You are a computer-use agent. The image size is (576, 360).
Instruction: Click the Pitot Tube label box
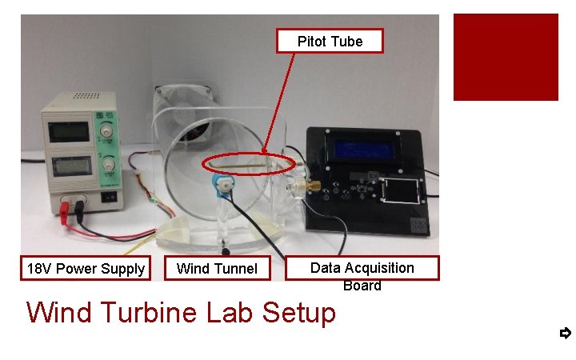pyautogui.click(x=330, y=41)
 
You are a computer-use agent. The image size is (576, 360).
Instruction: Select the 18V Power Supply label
pyautogui.click(x=86, y=269)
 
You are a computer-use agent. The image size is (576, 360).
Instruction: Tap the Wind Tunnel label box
pyautogui.click(x=217, y=269)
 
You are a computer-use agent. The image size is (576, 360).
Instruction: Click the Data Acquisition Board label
pyautogui.click(x=362, y=268)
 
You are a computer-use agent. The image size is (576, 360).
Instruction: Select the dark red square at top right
pyautogui.click(x=506, y=57)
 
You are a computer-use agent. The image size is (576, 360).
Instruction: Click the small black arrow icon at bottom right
pyautogui.click(x=565, y=333)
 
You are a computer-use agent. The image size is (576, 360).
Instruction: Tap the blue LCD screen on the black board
pyautogui.click(x=367, y=150)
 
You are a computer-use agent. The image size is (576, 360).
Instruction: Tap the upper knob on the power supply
pyautogui.click(x=105, y=130)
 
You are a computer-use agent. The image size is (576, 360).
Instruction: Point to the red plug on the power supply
pyautogui.click(x=65, y=210)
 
